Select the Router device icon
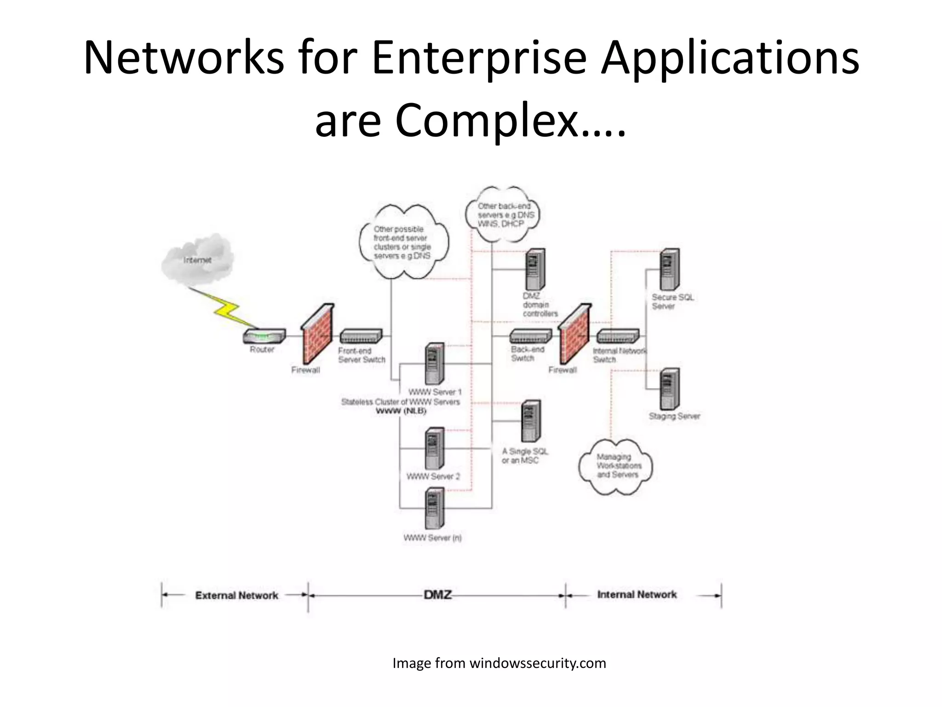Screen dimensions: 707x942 (264, 336)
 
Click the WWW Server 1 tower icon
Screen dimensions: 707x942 (434, 364)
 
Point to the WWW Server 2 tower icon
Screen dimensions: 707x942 (434, 448)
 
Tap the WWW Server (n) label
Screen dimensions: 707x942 (432, 538)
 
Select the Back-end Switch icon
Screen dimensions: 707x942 (530, 336)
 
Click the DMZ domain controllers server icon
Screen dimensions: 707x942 (535, 269)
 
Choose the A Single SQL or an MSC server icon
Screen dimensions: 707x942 (531, 421)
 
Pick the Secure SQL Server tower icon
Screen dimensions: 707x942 (670, 269)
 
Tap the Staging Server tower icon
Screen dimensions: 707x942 (670, 389)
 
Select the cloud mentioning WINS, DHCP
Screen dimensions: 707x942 (502, 214)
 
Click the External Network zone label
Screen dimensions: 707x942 (236, 595)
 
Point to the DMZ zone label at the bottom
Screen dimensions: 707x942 (437, 595)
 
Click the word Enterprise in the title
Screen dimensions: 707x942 (479, 58)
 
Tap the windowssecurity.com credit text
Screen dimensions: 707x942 (499, 663)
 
